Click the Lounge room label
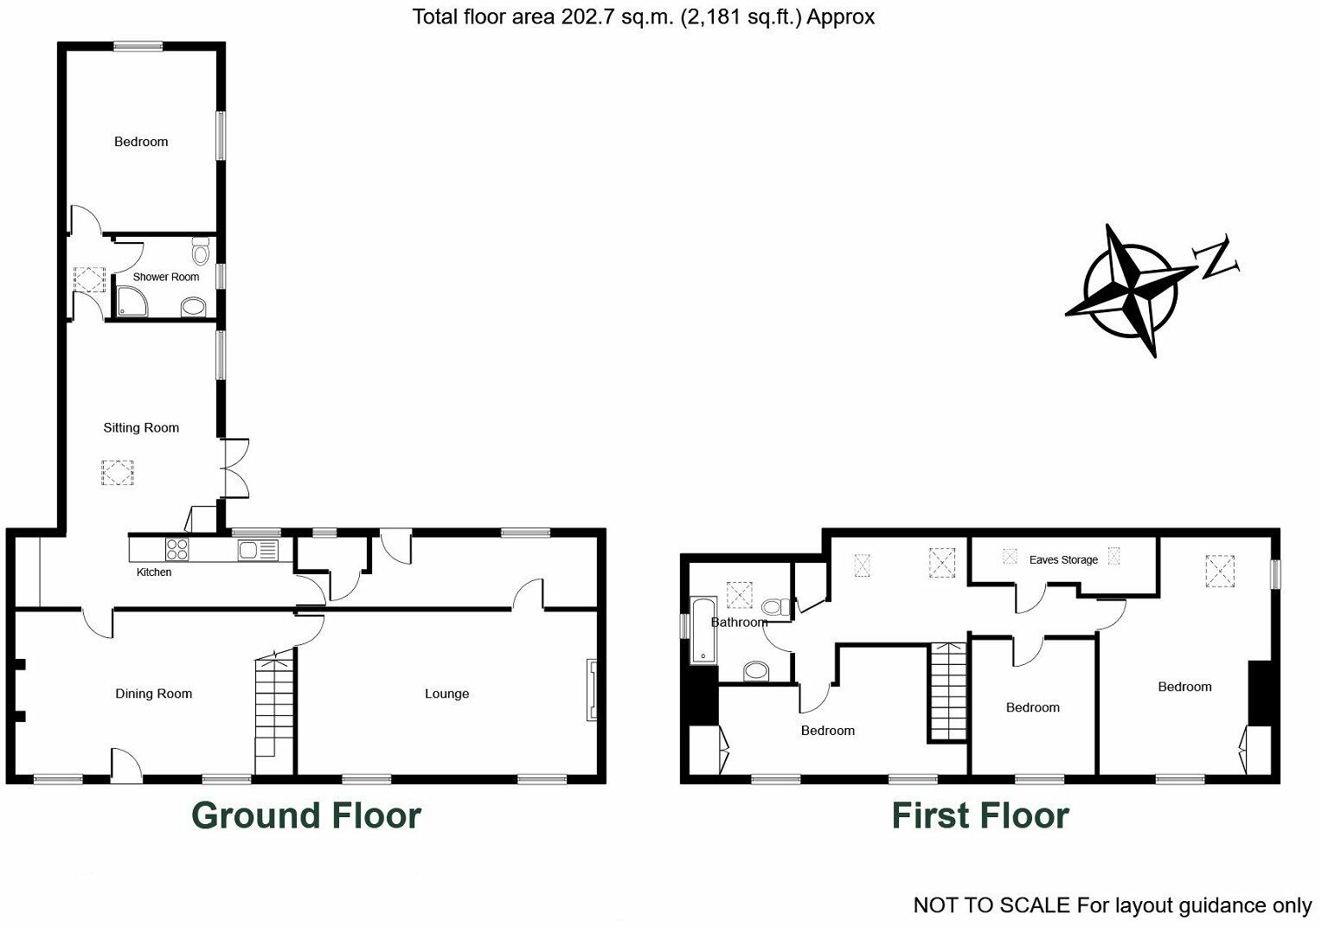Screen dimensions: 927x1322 pos(446,694)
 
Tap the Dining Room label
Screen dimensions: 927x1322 pos(154,694)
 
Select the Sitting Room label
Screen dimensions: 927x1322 pos(141,427)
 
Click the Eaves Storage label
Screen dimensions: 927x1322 pos(1063,559)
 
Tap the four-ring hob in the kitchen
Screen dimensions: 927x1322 pos(176,548)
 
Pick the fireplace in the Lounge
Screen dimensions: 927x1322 pos(592,689)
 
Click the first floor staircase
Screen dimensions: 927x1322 pos(948,692)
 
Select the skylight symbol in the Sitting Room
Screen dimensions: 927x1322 pos(119,473)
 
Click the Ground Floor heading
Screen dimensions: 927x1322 pos(305,815)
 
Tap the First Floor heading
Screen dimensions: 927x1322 pos(980,815)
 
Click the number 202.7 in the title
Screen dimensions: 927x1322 pos(585,17)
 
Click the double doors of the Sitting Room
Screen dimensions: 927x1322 pos(235,468)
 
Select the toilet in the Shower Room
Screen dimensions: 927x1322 pos(201,253)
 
